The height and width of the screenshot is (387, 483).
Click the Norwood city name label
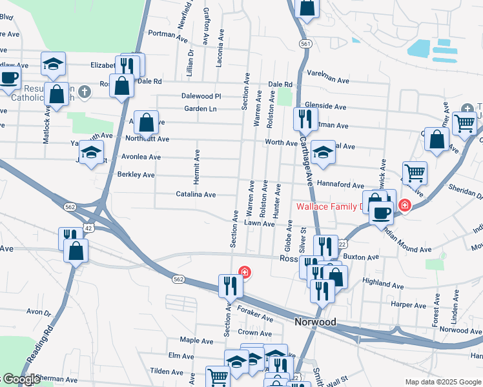click(x=315, y=321)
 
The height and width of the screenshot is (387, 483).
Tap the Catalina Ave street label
click(x=196, y=193)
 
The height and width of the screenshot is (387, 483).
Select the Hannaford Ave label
click(x=341, y=184)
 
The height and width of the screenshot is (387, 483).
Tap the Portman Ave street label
click(x=167, y=33)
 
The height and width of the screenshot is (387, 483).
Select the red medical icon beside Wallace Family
click(x=404, y=206)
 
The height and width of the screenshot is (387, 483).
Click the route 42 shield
click(x=88, y=228)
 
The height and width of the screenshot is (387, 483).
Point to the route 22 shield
click(x=342, y=244)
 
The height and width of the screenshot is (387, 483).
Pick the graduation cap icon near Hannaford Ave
click(x=323, y=153)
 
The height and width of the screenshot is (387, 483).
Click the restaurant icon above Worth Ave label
click(x=304, y=119)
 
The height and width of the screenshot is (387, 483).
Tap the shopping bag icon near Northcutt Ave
click(x=147, y=122)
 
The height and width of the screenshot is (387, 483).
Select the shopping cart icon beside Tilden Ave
click(x=218, y=377)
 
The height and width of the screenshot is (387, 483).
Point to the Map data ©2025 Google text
click(x=443, y=382)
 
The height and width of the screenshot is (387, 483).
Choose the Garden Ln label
click(x=200, y=108)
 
